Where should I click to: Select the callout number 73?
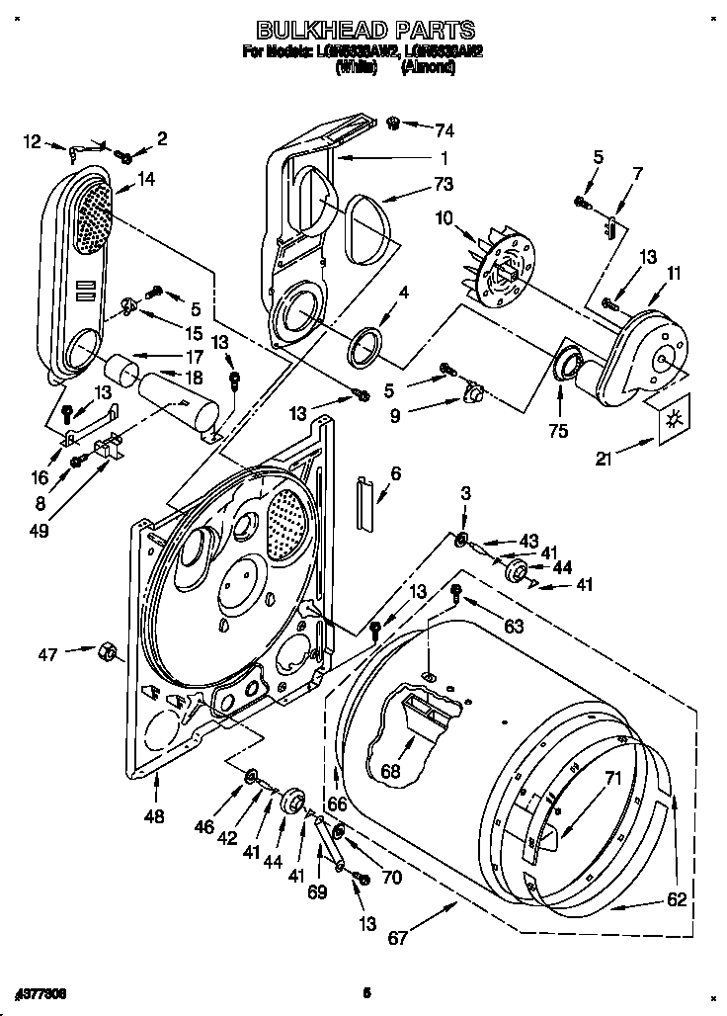tap(442, 185)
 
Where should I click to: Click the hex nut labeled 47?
tap(106, 651)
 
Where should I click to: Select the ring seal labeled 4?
tap(364, 345)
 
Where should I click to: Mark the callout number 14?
tap(147, 179)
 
